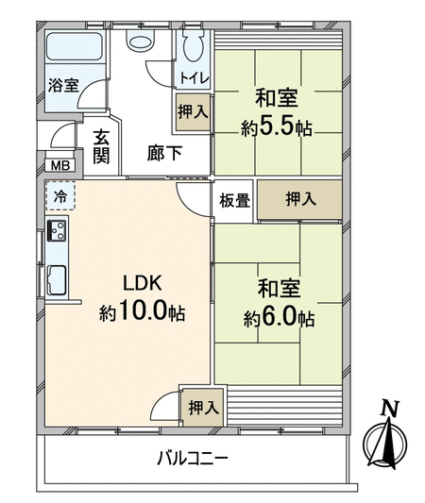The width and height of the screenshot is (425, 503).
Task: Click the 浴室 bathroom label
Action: [63, 86]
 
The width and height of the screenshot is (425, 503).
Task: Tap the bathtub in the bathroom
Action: [75, 47]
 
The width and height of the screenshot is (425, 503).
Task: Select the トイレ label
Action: [195, 78]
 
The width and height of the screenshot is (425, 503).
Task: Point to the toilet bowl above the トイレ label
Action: [194, 44]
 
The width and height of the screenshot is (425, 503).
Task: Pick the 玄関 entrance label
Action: [101, 147]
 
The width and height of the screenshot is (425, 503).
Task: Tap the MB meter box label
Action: [60, 166]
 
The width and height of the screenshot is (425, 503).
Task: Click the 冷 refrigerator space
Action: [60, 196]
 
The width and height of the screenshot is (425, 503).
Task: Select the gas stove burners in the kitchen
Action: [57, 230]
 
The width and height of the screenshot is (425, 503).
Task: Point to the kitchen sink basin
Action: [57, 280]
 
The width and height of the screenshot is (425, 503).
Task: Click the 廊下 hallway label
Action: [164, 153]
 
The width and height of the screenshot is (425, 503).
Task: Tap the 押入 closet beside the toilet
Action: [193, 112]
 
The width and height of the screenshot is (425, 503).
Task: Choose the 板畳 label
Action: [234, 201]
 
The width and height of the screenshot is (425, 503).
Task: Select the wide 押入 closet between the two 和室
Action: [300, 199]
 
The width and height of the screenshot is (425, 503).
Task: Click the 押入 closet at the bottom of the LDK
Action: [202, 408]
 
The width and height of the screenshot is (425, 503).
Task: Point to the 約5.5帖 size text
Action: [277, 128]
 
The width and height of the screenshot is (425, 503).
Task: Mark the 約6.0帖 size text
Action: [279, 319]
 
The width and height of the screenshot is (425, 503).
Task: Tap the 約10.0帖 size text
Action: [142, 311]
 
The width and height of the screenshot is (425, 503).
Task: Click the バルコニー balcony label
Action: [193, 458]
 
